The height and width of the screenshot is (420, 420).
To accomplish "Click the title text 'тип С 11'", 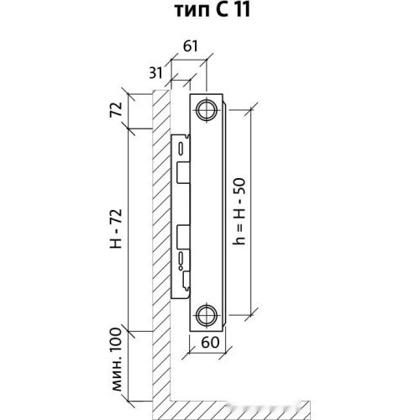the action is coord(212,11).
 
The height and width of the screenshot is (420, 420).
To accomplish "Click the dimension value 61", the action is coord(191,46).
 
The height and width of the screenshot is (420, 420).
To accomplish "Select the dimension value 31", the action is coord(155,73).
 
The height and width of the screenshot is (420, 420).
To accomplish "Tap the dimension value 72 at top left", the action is coord(116,109).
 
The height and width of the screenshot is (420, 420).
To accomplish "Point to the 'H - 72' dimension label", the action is coord(116,229).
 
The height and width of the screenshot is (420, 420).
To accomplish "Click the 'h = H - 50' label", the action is coord(239,212).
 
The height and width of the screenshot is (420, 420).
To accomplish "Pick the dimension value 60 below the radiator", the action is coord(210,342).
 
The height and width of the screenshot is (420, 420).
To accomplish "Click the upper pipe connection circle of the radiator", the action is coord(207,110).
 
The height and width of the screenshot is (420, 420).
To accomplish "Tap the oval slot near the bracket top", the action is coord(181,149).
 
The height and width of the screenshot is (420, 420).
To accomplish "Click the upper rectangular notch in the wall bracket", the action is coord(183,173).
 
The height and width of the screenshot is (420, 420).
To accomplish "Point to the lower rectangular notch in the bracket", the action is coord(183,237).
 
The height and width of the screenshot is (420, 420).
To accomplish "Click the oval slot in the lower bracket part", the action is coord(181,258).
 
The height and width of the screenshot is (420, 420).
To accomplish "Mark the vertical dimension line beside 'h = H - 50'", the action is coord(250,212).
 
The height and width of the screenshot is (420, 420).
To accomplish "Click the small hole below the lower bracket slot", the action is coord(181,268).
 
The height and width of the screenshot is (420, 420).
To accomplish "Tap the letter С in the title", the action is coord(221,11).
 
